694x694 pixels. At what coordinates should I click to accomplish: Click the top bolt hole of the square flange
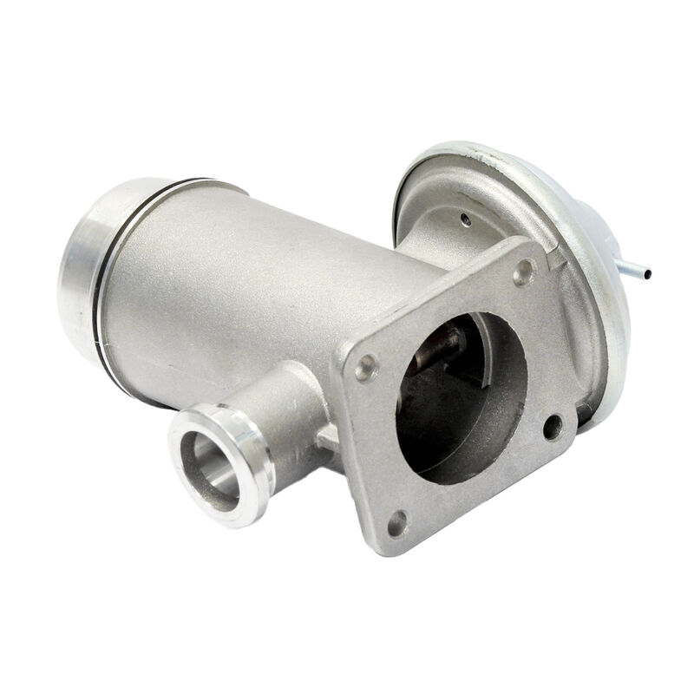(x=522, y=273)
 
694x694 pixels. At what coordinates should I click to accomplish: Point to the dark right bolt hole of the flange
(x=552, y=426)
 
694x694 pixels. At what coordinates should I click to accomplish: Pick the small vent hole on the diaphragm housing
(x=466, y=220)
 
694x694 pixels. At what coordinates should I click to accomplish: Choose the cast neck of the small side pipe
(x=295, y=408)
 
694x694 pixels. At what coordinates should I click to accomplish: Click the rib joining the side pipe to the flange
(x=330, y=438)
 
